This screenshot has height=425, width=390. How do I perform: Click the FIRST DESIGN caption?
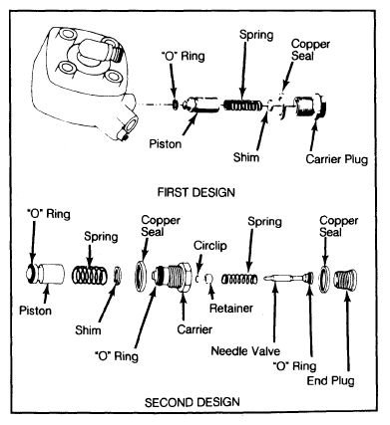coord(196,192)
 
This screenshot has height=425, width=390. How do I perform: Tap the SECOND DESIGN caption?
coord(193,402)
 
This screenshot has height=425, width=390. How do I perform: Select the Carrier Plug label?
coord(337,159)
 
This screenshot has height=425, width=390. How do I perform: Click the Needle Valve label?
coord(245,350)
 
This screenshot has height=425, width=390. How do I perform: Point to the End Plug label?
coord(330,381)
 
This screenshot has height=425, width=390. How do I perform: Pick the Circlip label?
coord(210,246)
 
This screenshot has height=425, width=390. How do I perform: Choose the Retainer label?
coord(231,309)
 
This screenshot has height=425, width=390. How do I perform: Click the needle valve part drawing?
coord(288,278)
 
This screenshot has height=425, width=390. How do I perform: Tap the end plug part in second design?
coord(345,281)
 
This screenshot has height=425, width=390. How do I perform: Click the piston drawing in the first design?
coord(201,105)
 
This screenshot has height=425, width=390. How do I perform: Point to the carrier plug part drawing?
coord(311,106)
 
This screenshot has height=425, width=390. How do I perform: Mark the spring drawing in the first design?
coord(242,106)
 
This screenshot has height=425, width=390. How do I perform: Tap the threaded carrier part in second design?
coord(172,276)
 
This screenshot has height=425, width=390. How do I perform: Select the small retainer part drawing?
coord(208,279)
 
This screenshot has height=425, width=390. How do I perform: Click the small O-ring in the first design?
coord(176,105)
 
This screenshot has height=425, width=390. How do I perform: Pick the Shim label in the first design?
coord(246,157)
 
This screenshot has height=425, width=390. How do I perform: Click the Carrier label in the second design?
coord(195,329)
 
